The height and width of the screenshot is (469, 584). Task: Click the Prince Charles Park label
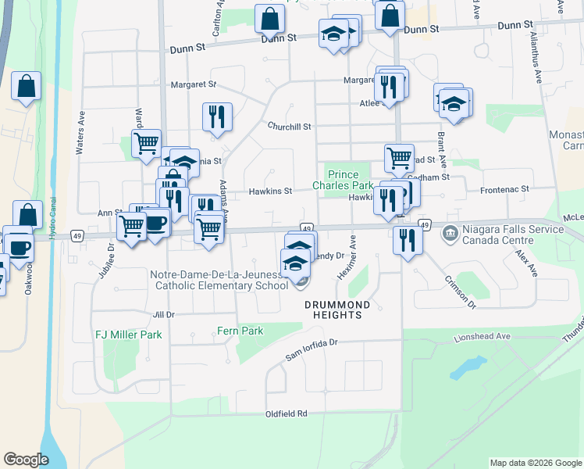(343, 180)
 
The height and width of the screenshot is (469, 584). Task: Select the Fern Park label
(240, 331)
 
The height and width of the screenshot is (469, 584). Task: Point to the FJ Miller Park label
(128, 335)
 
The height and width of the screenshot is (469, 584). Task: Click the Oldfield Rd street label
(287, 414)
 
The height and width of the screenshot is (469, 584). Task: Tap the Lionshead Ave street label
(482, 336)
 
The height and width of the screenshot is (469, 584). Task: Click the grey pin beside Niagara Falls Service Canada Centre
(450, 233)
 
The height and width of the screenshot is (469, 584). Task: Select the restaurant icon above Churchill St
(217, 116)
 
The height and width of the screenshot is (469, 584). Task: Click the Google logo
(27, 460)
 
